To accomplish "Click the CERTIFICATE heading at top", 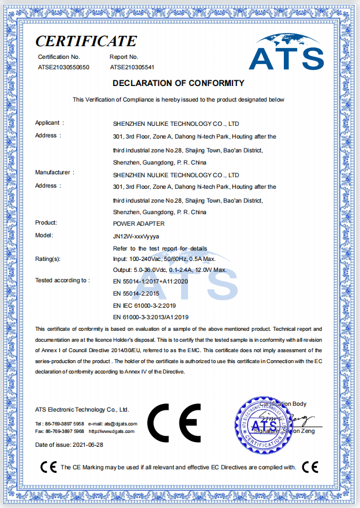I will [x=86, y=41].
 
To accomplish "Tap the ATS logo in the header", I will [x=286, y=51].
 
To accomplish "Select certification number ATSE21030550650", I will [x=63, y=68].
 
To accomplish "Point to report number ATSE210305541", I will [x=133, y=68].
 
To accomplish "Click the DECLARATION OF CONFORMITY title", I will [x=178, y=83].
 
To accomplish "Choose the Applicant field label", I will [x=50, y=123].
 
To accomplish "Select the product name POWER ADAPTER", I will [x=139, y=223].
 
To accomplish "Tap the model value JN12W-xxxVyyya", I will [x=136, y=236].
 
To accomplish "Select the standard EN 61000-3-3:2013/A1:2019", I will [x=151, y=317].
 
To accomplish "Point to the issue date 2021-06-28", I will [x=89, y=445].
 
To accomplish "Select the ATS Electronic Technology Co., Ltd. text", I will [x=82, y=409].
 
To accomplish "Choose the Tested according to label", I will [x=62, y=281].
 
